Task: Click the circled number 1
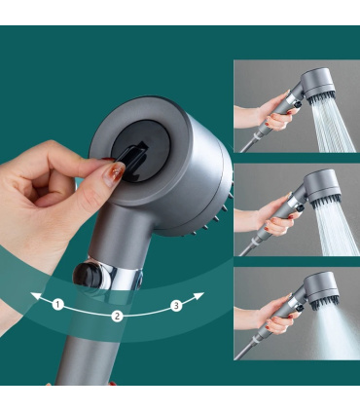(58, 305)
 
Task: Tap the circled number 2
(118, 315)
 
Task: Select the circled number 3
(176, 305)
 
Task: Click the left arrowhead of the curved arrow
(32, 292)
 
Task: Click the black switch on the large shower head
(137, 159)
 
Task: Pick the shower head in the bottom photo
(316, 289)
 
